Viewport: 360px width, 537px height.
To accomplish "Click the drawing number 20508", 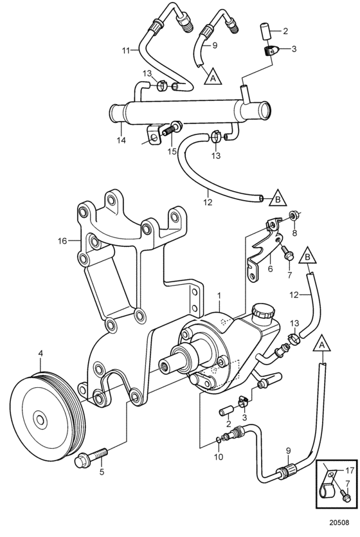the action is [x=339, y=523].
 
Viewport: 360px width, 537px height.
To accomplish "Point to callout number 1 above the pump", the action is [x=219, y=295].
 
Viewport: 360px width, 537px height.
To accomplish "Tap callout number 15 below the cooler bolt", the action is [x=172, y=151].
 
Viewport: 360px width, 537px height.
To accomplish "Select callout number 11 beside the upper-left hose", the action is [x=126, y=51].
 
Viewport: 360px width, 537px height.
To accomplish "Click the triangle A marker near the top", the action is [x=213, y=77].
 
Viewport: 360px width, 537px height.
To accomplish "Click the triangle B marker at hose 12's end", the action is [x=278, y=198].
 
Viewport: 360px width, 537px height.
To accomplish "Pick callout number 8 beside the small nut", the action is [x=294, y=233].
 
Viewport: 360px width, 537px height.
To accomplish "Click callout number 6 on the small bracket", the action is [x=271, y=269].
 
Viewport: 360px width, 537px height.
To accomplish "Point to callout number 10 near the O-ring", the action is [x=219, y=457].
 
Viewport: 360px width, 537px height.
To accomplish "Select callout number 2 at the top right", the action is [x=285, y=32].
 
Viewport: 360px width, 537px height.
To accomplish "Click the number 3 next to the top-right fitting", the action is [x=294, y=49].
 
